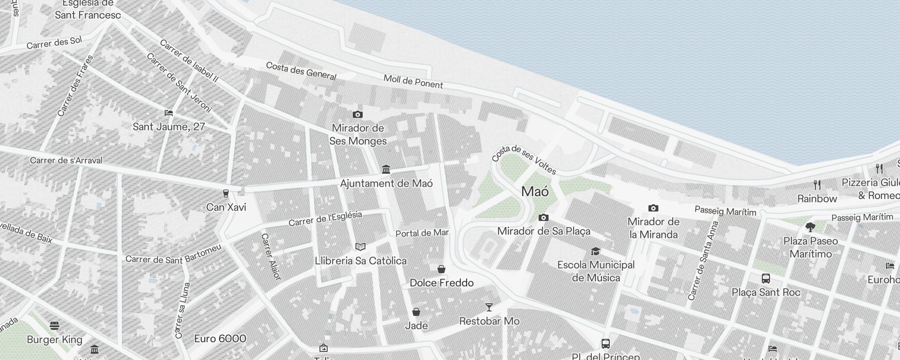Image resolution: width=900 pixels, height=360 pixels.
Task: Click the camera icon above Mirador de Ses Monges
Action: pos(358,115)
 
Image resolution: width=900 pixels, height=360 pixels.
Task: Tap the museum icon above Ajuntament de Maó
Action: pos(386,170)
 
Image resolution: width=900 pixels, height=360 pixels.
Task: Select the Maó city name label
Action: pos(535,191)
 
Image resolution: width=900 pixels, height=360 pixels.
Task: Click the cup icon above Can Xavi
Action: pos(226,193)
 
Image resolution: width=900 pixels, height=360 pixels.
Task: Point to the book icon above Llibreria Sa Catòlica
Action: pos(360,247)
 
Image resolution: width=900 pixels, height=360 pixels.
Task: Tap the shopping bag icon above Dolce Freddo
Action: pos(441,269)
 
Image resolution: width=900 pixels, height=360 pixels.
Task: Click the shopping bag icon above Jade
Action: pos(416,312)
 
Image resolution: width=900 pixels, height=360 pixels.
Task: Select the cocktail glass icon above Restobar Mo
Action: pos(489,307)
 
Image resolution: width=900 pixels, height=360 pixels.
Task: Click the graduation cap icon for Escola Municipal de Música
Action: pos(595,251)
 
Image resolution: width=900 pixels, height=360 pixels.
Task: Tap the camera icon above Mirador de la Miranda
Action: pos(653,208)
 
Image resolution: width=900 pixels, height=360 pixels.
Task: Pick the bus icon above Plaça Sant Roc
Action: pos(766,279)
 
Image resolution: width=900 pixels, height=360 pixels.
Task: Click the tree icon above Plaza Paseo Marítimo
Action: pos(810,227)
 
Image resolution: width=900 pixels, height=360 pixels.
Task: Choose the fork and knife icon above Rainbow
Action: pos(817,184)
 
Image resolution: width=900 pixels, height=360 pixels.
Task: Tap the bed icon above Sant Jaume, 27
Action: pos(169,113)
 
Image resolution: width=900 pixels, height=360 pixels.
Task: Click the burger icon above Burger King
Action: pos(54,325)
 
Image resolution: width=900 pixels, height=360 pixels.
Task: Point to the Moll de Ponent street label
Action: pos(413,81)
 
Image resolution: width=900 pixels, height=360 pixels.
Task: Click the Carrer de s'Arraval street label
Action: pos(66,160)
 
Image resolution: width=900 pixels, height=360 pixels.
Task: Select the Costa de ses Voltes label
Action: pos(524,159)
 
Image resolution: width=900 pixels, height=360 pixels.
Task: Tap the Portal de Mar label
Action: pos(422,233)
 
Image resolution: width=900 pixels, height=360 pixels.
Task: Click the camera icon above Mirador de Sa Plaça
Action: pos(544,218)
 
